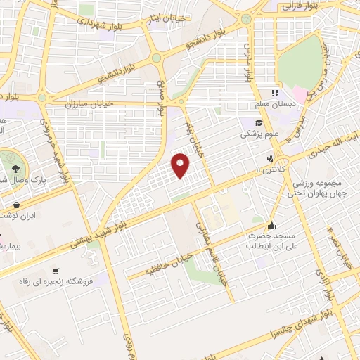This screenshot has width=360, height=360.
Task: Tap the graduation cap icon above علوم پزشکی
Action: pyautogui.click(x=250, y=122)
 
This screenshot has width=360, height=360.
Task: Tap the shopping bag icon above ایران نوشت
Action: pyautogui.click(x=15, y=205)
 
